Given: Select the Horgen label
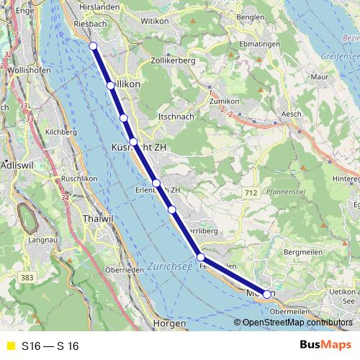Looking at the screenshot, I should pyautogui.click(x=170, y=325).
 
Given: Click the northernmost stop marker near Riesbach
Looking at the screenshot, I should pyautogui.click(x=93, y=47).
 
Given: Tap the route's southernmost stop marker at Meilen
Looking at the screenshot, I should pyautogui.click(x=267, y=294).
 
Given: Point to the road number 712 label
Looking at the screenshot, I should pyautogui.click(x=251, y=193).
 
